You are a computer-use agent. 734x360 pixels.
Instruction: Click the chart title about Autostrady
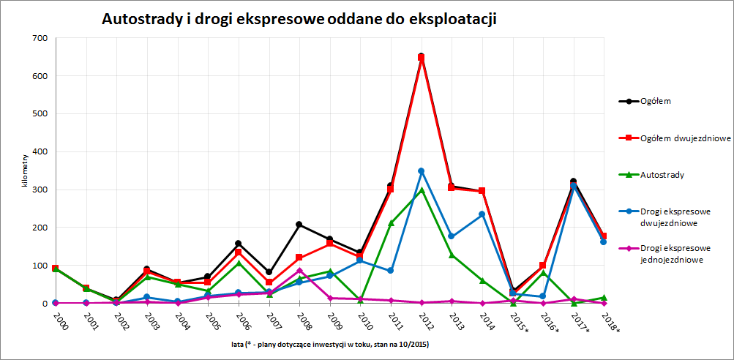[299, 20]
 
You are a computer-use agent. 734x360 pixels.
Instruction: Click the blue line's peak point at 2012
[421, 171]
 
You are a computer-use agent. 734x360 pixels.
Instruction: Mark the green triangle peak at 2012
[421, 190]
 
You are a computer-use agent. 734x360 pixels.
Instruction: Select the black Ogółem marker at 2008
[299, 225]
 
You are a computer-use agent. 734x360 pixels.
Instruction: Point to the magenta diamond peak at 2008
[299, 271]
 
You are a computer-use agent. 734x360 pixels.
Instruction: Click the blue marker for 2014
[482, 214]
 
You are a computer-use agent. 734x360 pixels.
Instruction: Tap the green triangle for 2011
[391, 223]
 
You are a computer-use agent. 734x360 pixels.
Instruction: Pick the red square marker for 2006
[239, 252]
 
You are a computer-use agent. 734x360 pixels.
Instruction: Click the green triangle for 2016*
[542, 273]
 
